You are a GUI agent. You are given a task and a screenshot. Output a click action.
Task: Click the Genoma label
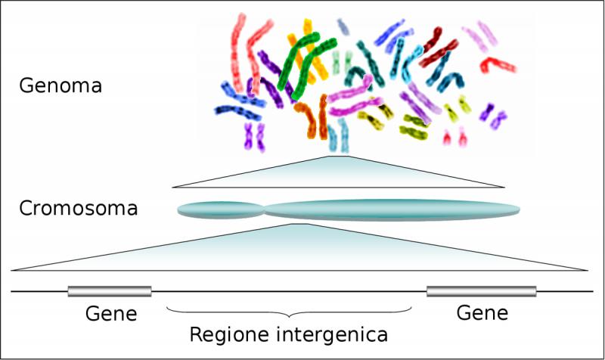tap(60, 85)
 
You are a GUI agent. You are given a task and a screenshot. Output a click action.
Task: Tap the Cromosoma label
tap(79, 208)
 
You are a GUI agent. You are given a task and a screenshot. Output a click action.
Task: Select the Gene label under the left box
tap(111, 313)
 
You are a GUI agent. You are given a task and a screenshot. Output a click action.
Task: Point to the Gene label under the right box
tap(482, 312)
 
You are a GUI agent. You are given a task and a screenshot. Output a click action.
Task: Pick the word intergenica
tap(332, 334)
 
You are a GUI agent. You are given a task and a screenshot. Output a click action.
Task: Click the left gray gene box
tap(110, 291)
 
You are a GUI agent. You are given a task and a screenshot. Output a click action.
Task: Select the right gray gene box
tap(482, 291)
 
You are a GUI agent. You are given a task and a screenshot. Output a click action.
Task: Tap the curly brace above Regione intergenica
tap(289, 312)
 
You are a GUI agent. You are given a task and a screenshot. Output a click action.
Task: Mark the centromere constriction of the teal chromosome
tap(264, 210)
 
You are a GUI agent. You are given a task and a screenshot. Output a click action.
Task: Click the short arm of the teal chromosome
tap(220, 210)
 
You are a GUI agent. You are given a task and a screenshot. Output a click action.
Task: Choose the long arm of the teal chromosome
tap(392, 210)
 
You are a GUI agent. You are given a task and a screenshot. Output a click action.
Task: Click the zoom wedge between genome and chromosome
tap(338, 172)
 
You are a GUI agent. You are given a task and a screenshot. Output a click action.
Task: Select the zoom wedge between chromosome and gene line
tap(299, 247)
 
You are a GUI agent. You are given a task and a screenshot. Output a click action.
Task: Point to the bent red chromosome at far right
tap(498, 65)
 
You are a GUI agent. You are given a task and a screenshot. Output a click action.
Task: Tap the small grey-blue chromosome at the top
tap(343, 26)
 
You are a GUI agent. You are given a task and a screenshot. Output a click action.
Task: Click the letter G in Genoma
tap(26, 85)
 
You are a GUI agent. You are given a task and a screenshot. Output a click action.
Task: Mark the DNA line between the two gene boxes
tap(289, 291)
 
